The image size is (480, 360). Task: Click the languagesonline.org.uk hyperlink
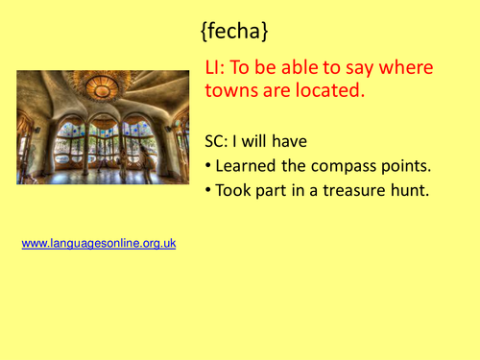tap(99, 244)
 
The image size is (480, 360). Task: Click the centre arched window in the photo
tap(103, 144)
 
